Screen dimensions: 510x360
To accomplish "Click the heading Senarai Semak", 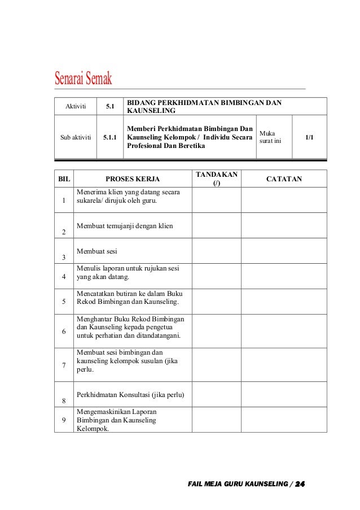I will pos(83,78).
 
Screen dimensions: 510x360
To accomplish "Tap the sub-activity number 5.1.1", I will pos(111,137).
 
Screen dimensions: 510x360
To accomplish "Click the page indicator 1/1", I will pos(309,137).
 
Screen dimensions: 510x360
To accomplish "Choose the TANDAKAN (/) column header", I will pos(217,179).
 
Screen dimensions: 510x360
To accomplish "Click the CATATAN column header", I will pos(284,179).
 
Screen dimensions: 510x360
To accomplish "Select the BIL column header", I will pos(64,179).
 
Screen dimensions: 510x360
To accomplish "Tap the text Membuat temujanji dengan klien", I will pos(125,226).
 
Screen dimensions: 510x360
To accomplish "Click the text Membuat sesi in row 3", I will pos(93,251).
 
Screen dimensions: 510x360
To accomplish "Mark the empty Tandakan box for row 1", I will pos(217,200).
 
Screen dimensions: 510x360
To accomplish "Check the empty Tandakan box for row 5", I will pos(217,301).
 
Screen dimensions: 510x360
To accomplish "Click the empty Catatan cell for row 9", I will pos(284,419).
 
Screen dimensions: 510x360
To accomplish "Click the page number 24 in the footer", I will pos(300,485).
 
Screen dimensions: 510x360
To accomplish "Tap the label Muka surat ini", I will pos(270,137).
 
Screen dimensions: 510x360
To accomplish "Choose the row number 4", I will pos(64,276).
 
